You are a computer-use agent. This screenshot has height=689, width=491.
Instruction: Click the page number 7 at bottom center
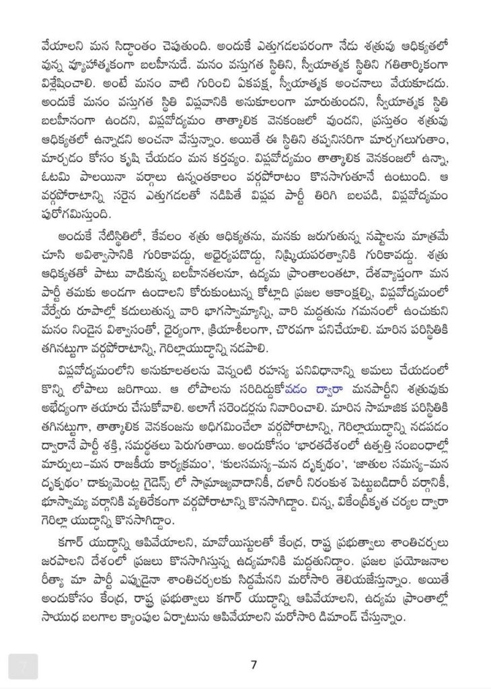(x=254, y=665)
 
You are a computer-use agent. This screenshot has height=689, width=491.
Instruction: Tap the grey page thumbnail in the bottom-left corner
(x=23, y=665)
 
